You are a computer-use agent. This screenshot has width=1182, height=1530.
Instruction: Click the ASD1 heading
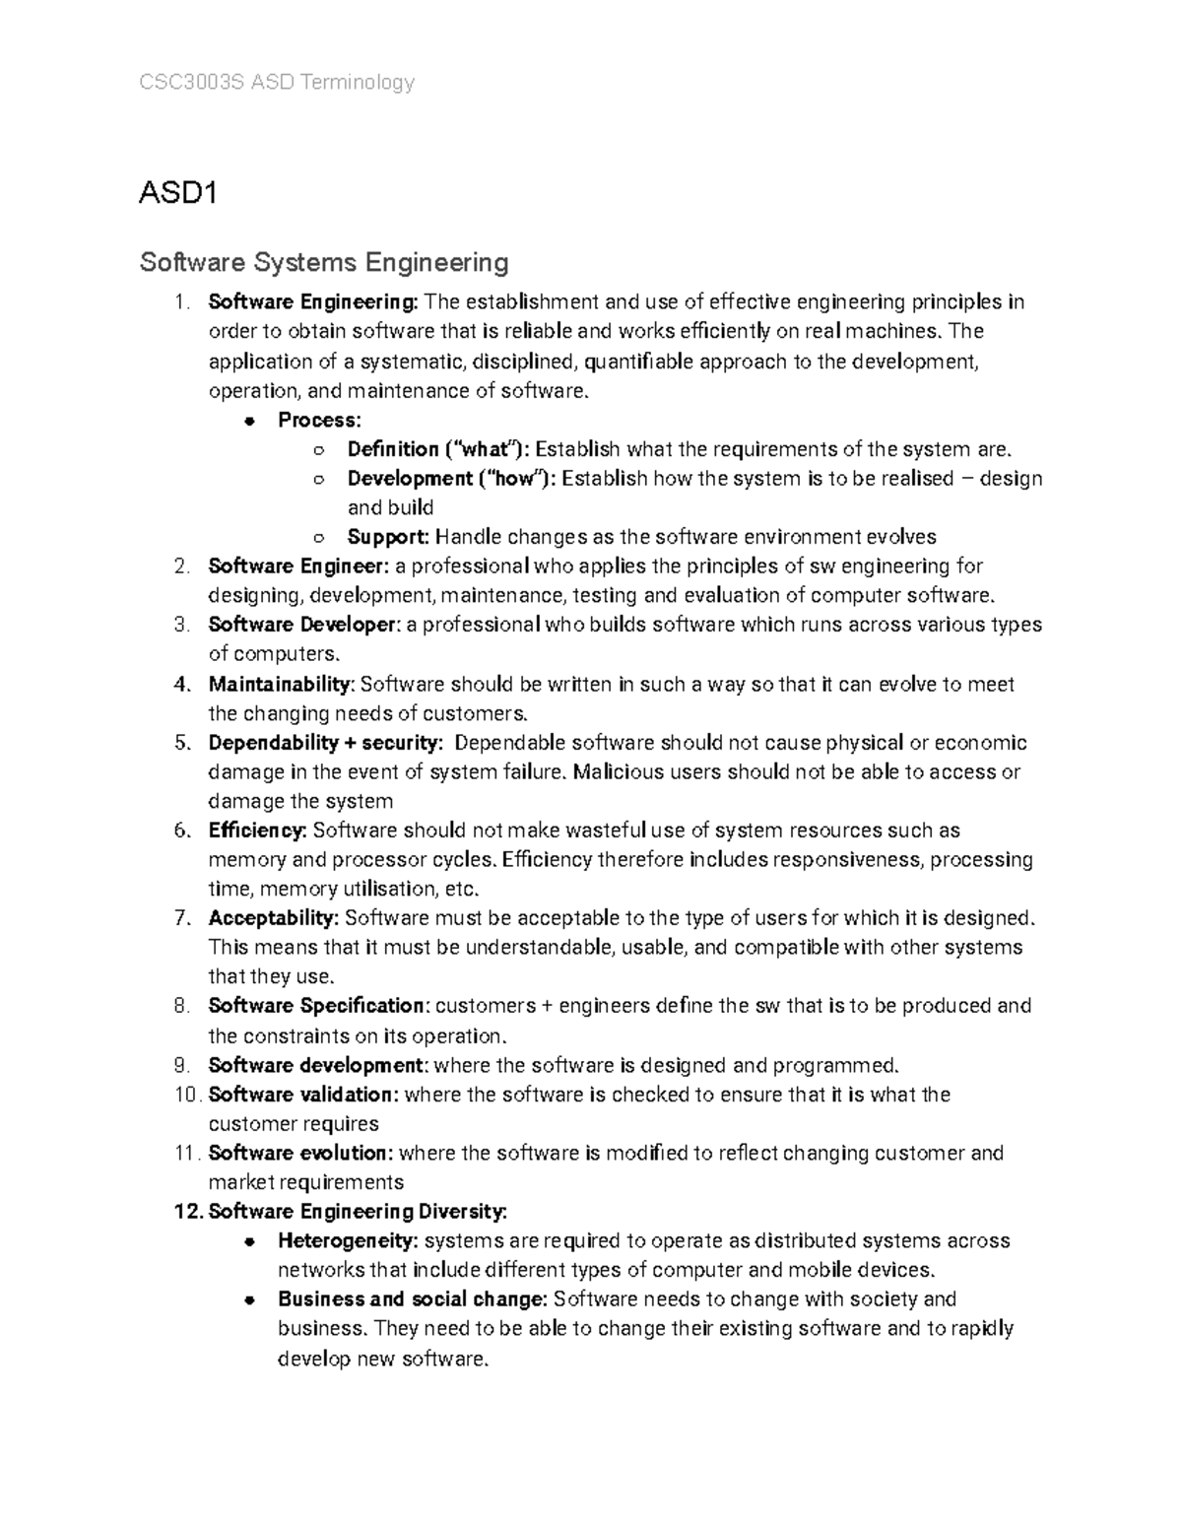pos(177,193)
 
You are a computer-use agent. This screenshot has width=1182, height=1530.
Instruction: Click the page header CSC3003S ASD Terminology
pos(277,83)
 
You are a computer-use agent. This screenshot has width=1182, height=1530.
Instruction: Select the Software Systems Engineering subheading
pos(324,262)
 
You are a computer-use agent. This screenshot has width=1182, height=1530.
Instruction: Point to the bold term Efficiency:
pos(258,831)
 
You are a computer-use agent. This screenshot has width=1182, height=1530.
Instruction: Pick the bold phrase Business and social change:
pos(412,1299)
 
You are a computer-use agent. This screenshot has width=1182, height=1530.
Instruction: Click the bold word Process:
pos(319,421)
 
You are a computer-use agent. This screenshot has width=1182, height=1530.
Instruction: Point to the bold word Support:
pos(388,537)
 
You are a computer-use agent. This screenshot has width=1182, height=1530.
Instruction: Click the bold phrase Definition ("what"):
pos(438,450)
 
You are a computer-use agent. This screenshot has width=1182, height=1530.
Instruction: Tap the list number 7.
pos(180,918)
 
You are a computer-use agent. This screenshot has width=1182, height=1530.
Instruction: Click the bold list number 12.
pos(186,1212)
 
